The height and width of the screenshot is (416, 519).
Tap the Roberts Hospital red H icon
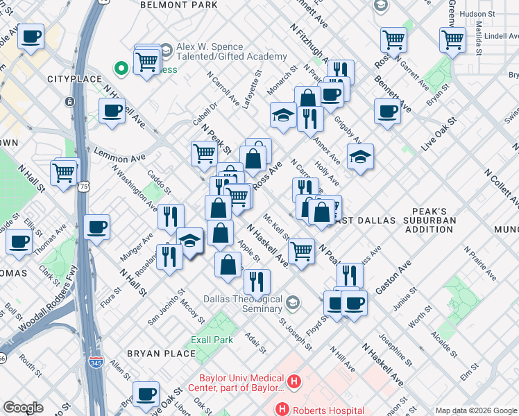pyautogui.click(x=282, y=409)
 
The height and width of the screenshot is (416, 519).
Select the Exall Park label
pyautogui.click(x=212, y=340)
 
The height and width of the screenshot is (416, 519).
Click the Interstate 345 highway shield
pyautogui.click(x=95, y=362)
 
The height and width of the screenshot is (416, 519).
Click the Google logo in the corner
pyautogui.click(x=23, y=408)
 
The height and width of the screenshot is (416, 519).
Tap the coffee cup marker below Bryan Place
pyautogui.click(x=146, y=395)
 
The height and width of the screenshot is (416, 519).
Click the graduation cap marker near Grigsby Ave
pyautogui.click(x=360, y=158)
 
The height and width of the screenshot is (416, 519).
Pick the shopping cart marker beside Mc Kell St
pyautogui.click(x=301, y=250)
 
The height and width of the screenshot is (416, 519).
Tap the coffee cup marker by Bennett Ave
pyautogui.click(x=387, y=111)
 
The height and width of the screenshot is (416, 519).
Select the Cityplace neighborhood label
pyautogui.click(x=74, y=80)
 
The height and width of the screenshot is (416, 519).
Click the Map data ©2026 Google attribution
pyautogui.click(x=475, y=410)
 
